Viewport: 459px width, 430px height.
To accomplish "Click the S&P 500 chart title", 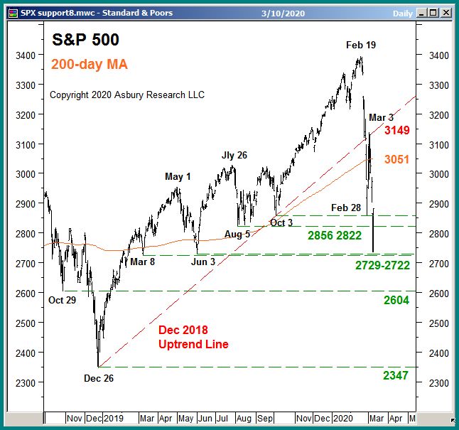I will click(x=85, y=40).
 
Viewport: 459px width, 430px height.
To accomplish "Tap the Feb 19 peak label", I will click(x=361, y=45).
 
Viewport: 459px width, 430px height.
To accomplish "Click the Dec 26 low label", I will click(x=98, y=378).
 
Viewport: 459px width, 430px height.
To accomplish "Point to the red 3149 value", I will click(x=396, y=131).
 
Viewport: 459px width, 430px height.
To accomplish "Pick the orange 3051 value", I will click(x=396, y=160).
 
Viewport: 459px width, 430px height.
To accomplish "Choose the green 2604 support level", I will click(x=396, y=301).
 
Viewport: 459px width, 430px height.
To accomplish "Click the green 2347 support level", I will click(x=396, y=375).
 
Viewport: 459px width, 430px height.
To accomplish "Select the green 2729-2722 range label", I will click(x=382, y=265).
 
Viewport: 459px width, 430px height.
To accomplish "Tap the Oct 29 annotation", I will click(x=62, y=301).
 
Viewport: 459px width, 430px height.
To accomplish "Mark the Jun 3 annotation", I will click(x=203, y=262).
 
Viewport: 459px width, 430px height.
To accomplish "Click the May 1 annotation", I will click(x=178, y=176).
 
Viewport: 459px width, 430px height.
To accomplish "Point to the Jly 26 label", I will click(x=234, y=155).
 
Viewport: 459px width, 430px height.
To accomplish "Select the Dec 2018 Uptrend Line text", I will click(x=193, y=338).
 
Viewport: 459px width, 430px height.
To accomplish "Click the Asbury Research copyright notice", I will click(x=127, y=95).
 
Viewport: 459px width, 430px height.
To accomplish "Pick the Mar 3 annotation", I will click(x=381, y=117).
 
